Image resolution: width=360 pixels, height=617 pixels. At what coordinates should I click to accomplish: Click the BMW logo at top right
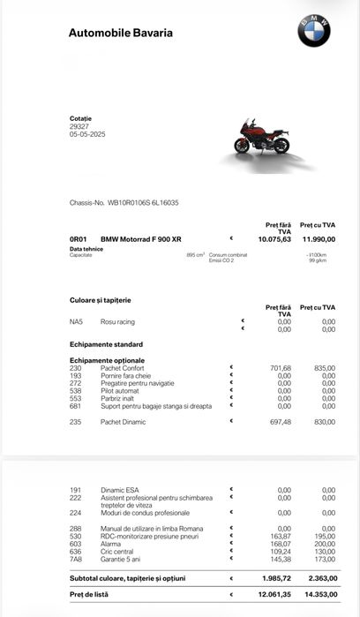point(313,31)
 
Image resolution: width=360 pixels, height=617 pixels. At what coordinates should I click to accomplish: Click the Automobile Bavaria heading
point(121,34)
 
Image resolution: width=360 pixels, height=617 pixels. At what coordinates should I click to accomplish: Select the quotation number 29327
point(79,126)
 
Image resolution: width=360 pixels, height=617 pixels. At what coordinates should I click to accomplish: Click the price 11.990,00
point(319,239)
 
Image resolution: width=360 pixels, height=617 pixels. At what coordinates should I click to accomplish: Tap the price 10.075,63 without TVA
point(274,239)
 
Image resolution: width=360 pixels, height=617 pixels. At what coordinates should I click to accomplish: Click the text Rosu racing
point(117,321)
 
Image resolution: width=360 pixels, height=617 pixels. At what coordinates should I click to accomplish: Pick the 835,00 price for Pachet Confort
point(323,368)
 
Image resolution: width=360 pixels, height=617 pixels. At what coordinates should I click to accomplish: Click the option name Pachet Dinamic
point(123,422)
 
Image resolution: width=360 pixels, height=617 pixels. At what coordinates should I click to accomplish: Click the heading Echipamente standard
point(106,344)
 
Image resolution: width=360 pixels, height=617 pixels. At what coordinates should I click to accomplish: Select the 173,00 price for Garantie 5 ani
point(323,560)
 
